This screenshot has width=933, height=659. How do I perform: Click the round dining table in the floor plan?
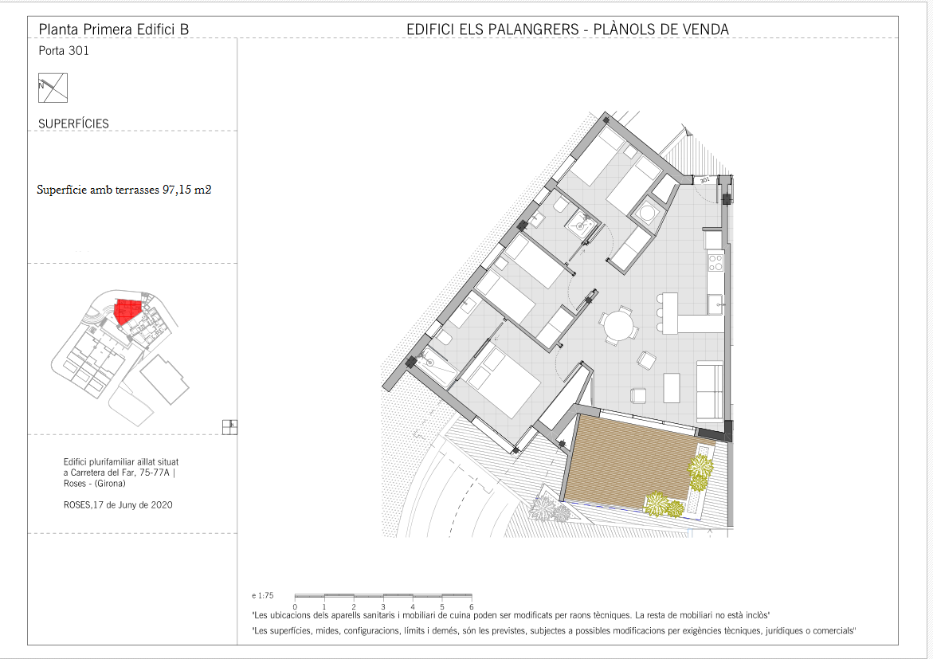pos(619,326)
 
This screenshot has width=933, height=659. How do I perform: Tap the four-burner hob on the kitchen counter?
pos(715,262)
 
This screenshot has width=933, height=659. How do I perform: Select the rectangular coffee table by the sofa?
pos(672,387)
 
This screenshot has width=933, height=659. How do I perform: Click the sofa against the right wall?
pos(710,392)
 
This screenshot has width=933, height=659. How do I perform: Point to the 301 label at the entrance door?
pos(704,180)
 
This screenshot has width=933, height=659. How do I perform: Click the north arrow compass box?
pos(53,88)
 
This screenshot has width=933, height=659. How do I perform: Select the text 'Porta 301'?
pos(64,51)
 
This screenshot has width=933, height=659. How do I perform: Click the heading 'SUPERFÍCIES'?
pos(74,124)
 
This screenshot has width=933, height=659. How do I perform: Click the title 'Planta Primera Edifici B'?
pos(114,29)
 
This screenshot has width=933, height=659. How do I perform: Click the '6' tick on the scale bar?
pos(471,607)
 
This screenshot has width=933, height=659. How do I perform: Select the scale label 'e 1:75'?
pos(262,595)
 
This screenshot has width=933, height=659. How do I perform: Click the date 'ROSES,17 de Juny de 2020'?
pos(118,505)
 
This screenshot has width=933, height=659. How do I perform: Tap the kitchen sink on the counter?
pos(715,304)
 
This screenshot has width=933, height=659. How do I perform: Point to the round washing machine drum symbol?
pos(645,212)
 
